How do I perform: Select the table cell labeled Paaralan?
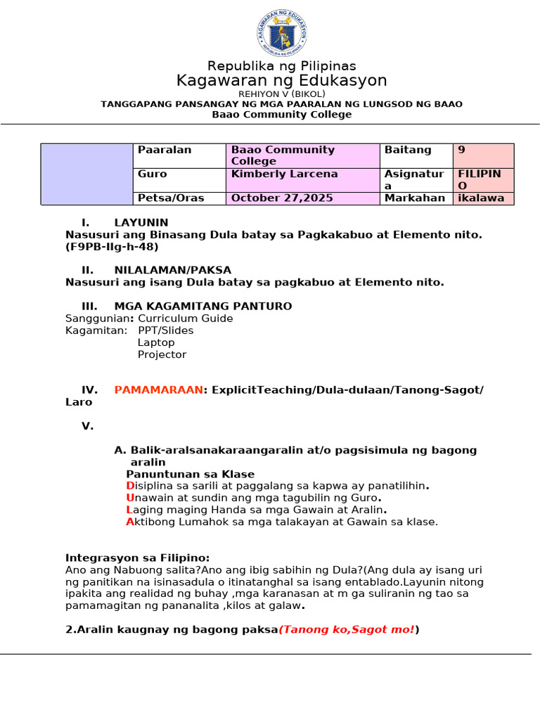coord(165,150)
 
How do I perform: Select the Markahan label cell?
coord(415,198)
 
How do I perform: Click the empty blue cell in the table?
coord(86,174)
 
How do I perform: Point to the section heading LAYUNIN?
coord(141,222)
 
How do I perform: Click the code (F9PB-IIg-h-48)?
coord(112,247)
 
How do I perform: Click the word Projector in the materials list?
coord(162,354)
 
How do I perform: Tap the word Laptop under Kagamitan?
coord(156,342)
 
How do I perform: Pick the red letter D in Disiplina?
coord(129,486)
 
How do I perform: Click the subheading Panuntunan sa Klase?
coord(190,474)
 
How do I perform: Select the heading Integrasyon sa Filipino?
coord(138,558)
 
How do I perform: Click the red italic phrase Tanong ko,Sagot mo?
coord(347,629)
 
